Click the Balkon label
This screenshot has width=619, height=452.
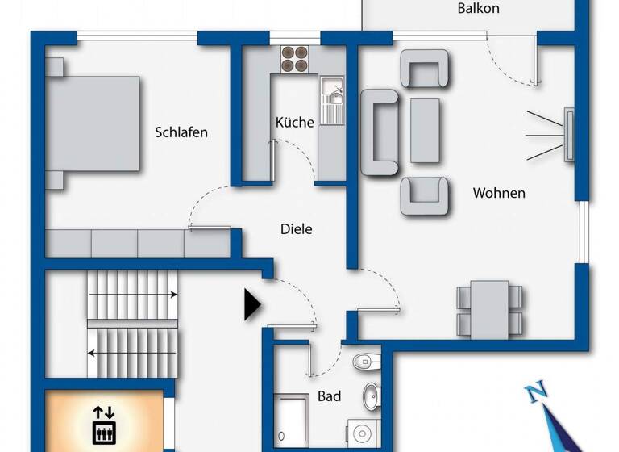478,9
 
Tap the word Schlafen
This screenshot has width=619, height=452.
181,132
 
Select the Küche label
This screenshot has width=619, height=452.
294,123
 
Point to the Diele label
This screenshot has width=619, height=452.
296,229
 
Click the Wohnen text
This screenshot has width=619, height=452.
499,193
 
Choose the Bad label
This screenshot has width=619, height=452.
329,396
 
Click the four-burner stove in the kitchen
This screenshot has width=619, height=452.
294,61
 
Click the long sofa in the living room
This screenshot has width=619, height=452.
380,132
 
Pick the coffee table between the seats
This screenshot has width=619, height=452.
425,131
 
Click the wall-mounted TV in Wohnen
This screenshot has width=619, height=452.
569,134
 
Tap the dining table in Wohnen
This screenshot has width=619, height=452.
489,309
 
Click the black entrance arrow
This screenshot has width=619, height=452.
252,304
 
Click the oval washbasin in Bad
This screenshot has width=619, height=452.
371,395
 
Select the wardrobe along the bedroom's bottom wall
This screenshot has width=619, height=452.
137,243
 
